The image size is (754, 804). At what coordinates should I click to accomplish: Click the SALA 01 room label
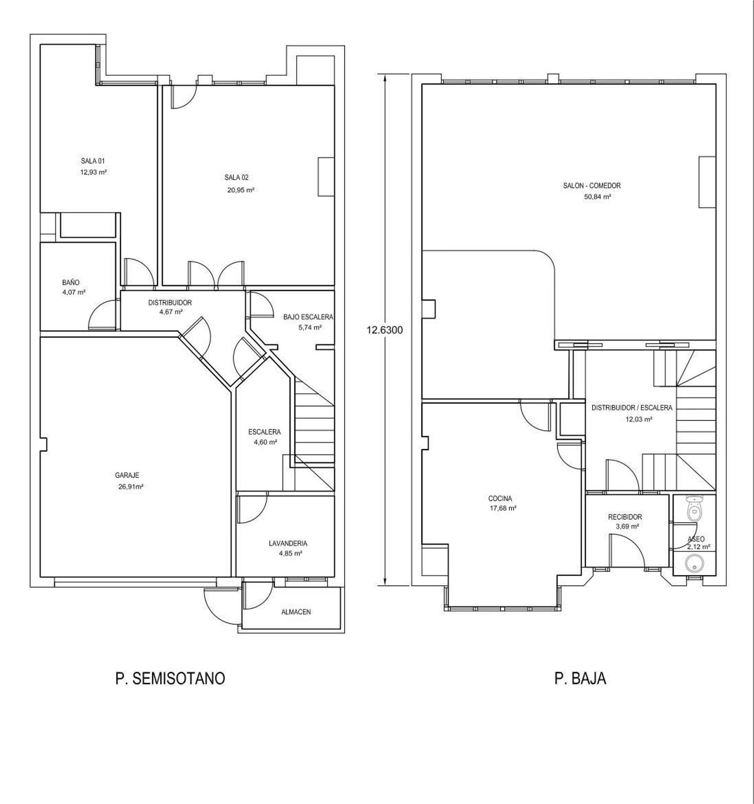click(93, 161)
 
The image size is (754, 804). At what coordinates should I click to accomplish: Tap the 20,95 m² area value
click(240, 190)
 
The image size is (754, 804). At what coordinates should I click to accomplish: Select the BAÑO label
click(71, 283)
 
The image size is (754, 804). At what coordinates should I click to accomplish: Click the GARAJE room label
click(127, 475)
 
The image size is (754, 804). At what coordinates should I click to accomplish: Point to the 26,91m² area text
click(130, 486)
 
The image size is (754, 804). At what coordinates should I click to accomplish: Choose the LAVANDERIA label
click(288, 543)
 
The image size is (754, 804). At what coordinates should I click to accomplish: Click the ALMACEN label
click(296, 612)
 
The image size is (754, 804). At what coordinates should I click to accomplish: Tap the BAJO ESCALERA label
click(308, 317)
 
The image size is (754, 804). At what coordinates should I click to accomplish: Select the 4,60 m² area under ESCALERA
click(265, 442)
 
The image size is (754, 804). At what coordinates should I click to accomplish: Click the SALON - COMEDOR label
click(592, 186)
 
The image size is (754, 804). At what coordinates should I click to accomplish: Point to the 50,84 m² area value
click(597, 197)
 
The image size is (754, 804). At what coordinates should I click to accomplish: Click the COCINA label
click(500, 499)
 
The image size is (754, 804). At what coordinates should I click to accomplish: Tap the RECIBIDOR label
click(625, 517)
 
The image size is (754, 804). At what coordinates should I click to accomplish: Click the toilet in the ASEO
click(694, 508)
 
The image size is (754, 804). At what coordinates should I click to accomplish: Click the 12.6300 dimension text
click(385, 330)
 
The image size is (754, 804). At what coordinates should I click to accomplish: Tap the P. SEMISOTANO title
click(170, 678)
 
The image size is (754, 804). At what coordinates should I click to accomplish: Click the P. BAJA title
click(580, 678)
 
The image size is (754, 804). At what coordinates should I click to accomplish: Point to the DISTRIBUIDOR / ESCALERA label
click(631, 408)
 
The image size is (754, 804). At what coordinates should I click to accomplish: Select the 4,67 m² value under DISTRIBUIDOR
click(170, 311)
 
